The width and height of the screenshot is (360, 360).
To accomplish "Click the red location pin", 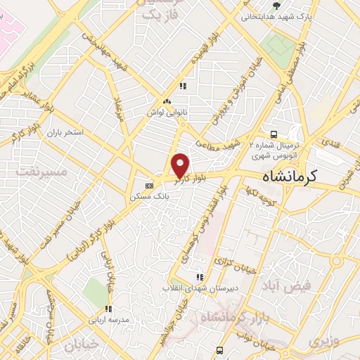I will [181, 165].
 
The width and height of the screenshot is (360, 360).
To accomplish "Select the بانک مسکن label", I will [148, 198].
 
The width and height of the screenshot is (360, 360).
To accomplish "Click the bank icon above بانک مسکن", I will [148, 186].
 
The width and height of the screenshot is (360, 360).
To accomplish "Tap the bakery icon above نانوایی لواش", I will [165, 100].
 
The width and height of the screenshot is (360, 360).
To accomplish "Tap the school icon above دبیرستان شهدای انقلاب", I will [200, 277].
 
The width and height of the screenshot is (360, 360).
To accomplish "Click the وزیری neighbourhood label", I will [318, 342].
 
